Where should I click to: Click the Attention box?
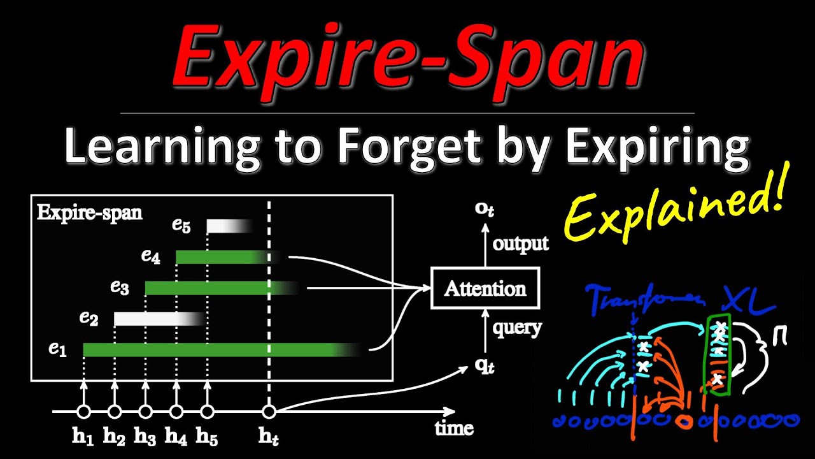click(x=485, y=288)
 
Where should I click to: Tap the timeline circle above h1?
click(x=83, y=411)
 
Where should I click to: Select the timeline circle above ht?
click(x=269, y=411)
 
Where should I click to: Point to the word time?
click(x=454, y=427)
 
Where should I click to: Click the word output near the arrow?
click(x=521, y=243)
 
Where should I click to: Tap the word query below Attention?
click(x=517, y=328)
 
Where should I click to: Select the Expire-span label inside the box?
click(x=90, y=212)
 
